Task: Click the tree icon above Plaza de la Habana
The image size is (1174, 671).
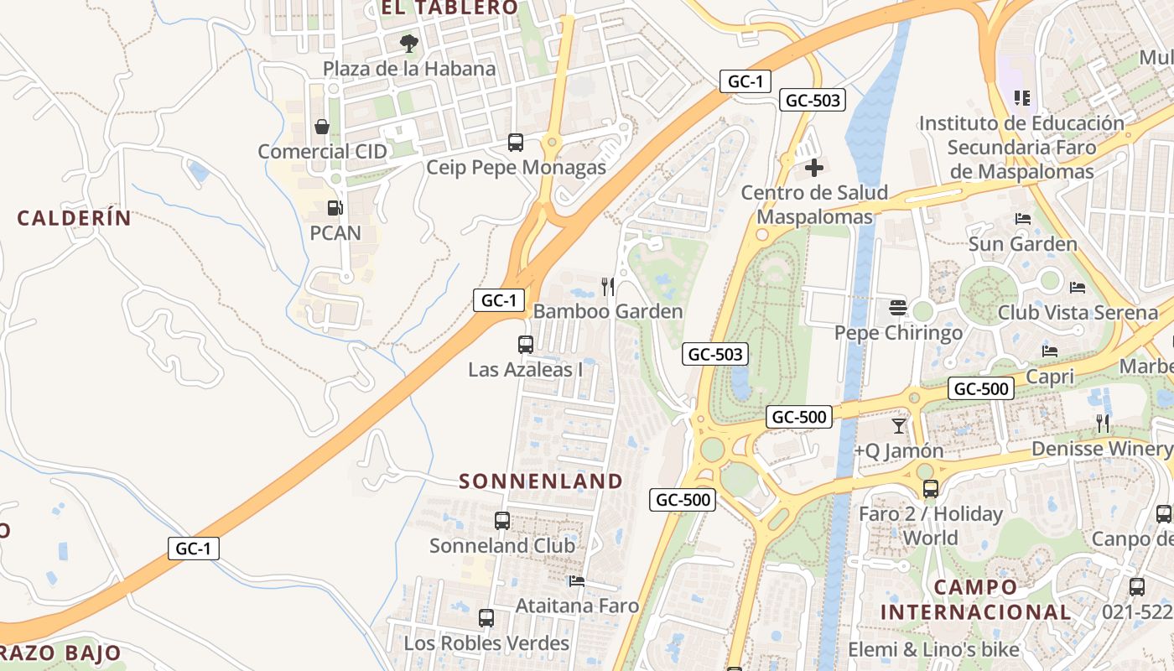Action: coord(409,43)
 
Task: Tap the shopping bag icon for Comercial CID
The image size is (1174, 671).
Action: coord(322,127)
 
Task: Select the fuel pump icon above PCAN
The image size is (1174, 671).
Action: coord(335,207)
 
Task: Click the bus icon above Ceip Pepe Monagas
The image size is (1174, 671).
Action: coord(516,143)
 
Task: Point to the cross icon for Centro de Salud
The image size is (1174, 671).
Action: coord(813,168)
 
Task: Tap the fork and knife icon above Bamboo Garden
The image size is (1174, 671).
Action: coord(608,287)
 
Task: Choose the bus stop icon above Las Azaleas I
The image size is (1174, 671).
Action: coord(525,344)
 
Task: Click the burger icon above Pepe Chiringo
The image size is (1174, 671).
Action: coord(898,308)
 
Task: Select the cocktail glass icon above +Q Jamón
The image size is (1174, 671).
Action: coord(899,425)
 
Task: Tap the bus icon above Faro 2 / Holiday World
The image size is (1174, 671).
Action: coord(930,488)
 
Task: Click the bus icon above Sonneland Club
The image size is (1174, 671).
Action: coord(502,521)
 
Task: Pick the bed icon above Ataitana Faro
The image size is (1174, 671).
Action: coord(576,580)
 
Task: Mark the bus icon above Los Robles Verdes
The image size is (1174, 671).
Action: coord(486,618)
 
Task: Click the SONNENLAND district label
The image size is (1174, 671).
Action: coord(541,481)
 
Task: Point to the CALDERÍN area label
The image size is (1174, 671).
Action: coord(75,218)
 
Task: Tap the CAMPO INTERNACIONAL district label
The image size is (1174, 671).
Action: coord(975,600)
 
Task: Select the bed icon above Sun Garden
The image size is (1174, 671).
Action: coord(1023,219)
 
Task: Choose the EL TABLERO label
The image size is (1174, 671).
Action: coord(449,8)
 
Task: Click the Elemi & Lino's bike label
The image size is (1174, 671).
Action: coord(933,649)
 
